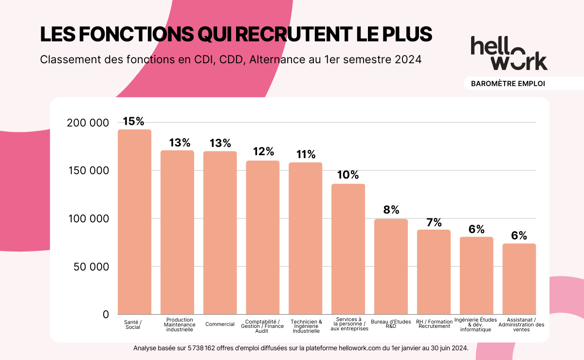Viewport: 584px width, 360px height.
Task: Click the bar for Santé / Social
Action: (x=134, y=222)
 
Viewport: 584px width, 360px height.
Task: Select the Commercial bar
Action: (x=220, y=233)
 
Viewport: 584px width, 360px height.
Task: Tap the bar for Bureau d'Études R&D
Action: (x=391, y=267)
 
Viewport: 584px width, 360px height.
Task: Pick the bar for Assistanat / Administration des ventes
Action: (x=519, y=279)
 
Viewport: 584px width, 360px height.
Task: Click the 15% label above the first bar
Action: (x=134, y=121)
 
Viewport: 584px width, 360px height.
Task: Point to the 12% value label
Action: (x=263, y=151)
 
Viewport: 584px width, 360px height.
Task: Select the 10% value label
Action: (x=348, y=175)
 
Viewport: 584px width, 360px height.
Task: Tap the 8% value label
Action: (x=391, y=210)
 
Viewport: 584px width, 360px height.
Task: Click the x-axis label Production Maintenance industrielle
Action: (x=180, y=324)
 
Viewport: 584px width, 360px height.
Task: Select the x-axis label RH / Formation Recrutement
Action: (x=434, y=324)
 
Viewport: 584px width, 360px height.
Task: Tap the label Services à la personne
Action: (x=349, y=324)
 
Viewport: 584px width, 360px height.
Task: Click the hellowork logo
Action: (x=509, y=53)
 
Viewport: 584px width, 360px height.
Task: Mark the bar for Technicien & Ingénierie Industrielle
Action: (x=306, y=238)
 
